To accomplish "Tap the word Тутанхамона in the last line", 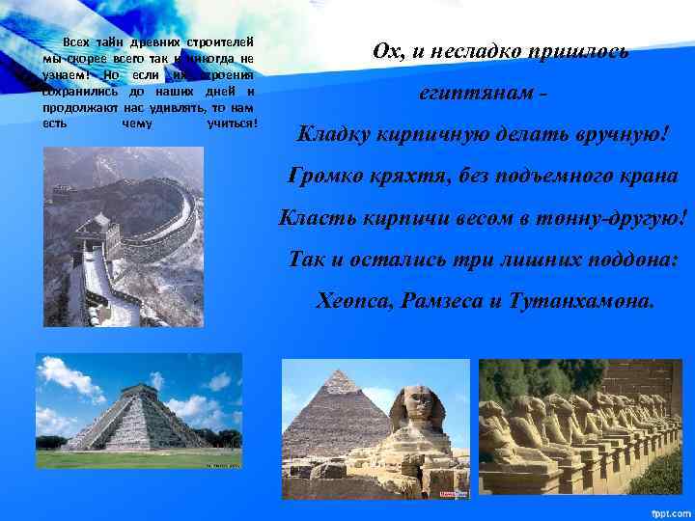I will click(591, 301).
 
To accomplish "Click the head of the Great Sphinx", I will click(417, 405).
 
